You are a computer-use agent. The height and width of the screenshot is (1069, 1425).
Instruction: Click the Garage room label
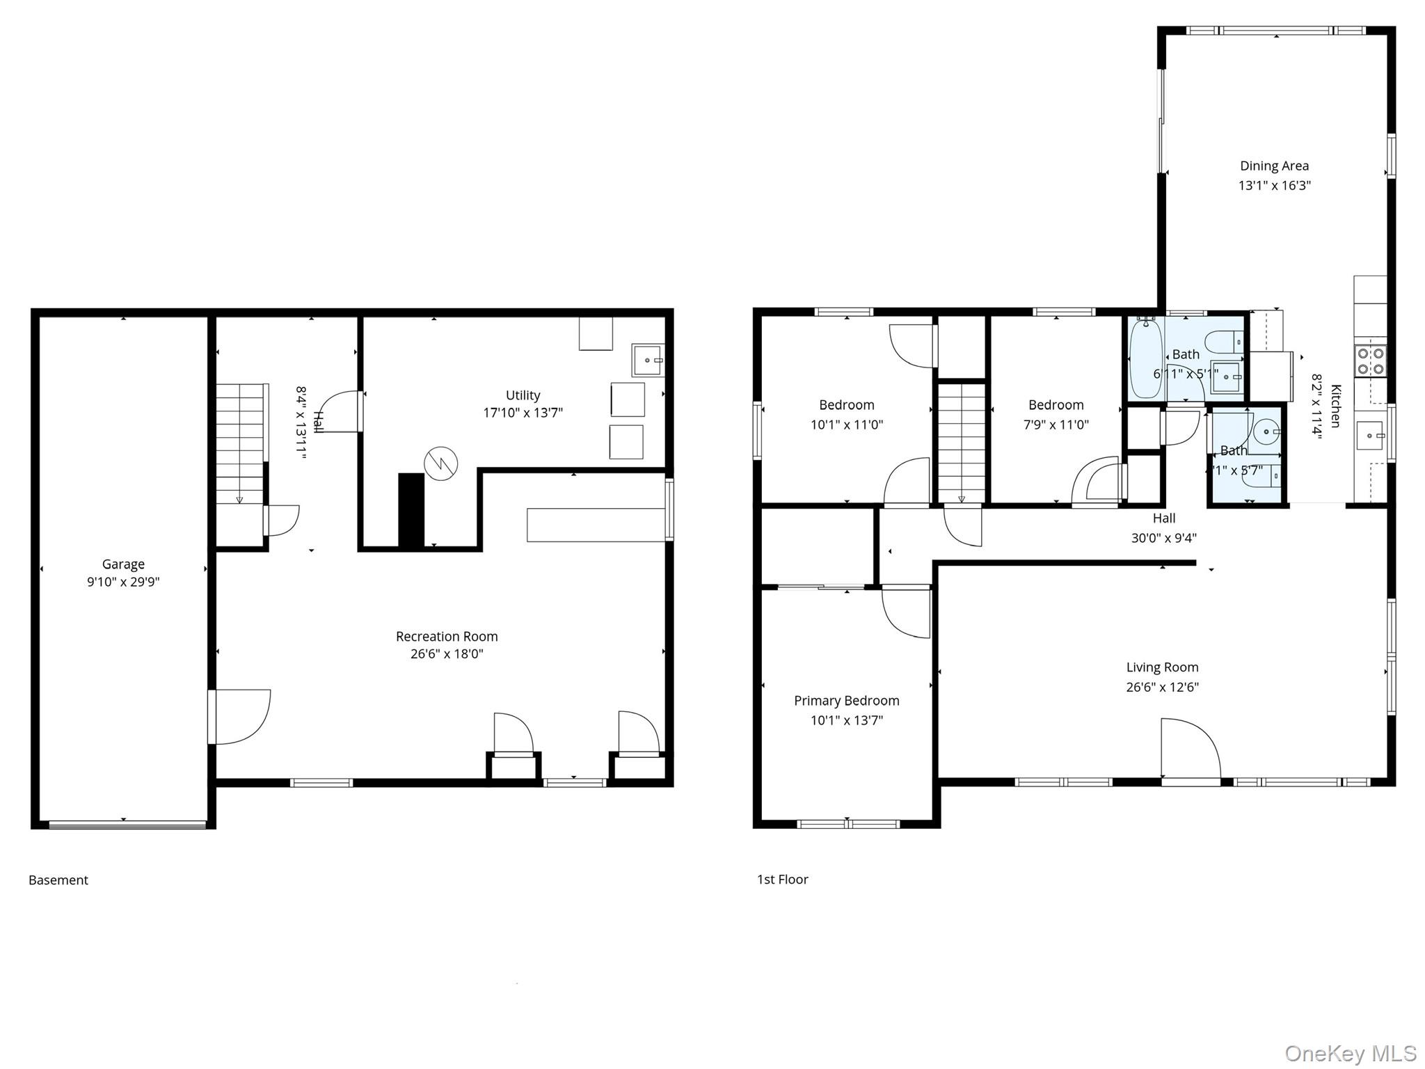[123, 564]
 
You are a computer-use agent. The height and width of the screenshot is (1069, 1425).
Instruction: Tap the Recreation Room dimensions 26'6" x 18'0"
[447, 654]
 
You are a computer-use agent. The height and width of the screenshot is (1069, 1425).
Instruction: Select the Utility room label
[523, 395]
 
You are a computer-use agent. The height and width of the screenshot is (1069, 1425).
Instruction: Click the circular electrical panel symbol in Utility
[441, 463]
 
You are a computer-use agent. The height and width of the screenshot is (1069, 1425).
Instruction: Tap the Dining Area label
[1274, 166]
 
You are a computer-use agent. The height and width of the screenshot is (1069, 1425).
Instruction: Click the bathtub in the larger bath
[1145, 358]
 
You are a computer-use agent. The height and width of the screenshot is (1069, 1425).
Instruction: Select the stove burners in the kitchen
[1370, 361]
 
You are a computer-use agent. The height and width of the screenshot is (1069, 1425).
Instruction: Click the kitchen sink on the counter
[1370, 436]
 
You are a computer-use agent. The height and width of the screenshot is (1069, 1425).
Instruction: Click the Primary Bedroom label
[846, 701]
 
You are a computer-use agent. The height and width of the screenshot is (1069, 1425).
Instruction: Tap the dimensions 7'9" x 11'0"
[1056, 425]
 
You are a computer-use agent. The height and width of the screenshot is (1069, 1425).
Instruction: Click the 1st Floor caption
[782, 879]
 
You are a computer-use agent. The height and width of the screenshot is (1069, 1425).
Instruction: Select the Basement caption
[58, 880]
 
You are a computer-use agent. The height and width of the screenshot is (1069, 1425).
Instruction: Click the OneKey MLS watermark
[1350, 1052]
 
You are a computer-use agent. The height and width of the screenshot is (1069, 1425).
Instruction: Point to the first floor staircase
[962, 443]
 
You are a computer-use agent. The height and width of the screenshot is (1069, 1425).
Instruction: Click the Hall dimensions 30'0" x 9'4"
[1163, 538]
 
